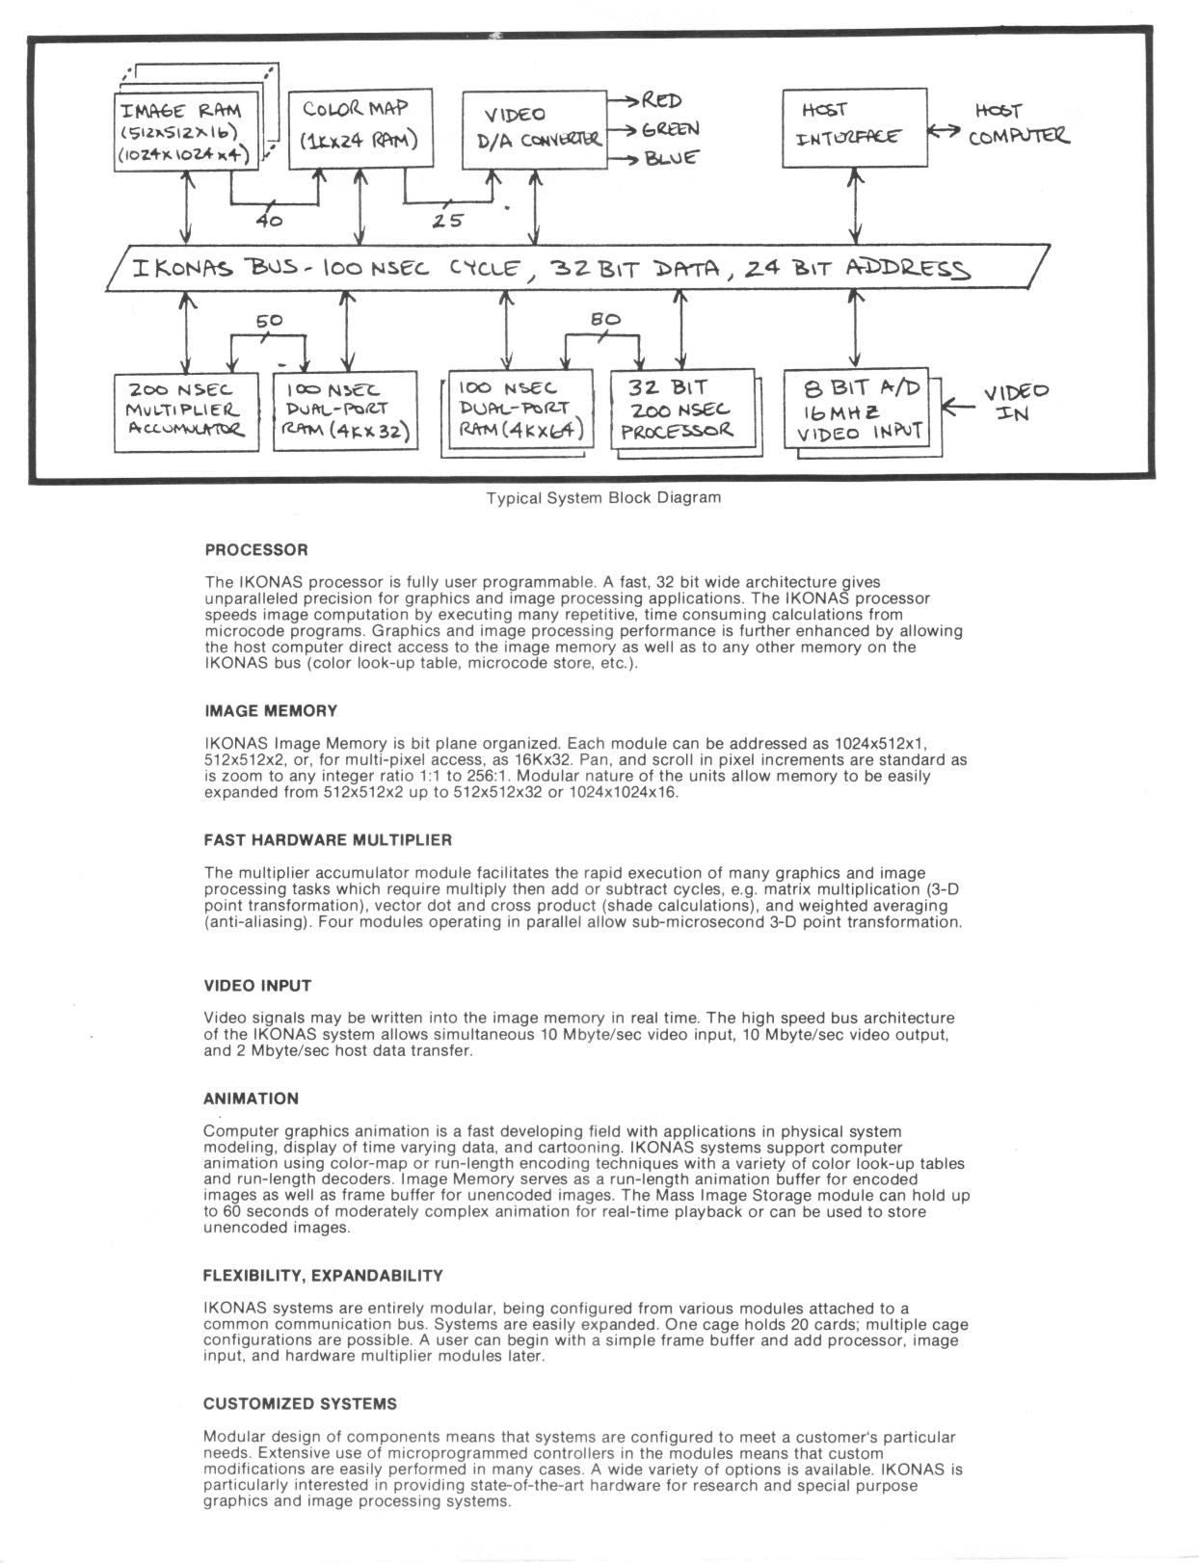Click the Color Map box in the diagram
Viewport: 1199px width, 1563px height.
360,127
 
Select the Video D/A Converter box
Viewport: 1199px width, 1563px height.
535,129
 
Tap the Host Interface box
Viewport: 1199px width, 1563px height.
854,127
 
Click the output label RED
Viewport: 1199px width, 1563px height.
661,100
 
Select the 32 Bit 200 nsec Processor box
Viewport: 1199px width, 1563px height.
680,411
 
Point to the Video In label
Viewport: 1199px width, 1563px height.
1015,403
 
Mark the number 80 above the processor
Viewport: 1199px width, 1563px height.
605,320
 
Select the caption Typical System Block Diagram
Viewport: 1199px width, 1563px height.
602,498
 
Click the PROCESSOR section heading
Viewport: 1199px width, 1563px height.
256,550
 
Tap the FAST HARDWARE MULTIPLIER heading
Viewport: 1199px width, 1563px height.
328,840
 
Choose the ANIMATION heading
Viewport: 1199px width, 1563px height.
251,1099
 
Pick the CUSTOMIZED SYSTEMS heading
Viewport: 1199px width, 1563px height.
300,1404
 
